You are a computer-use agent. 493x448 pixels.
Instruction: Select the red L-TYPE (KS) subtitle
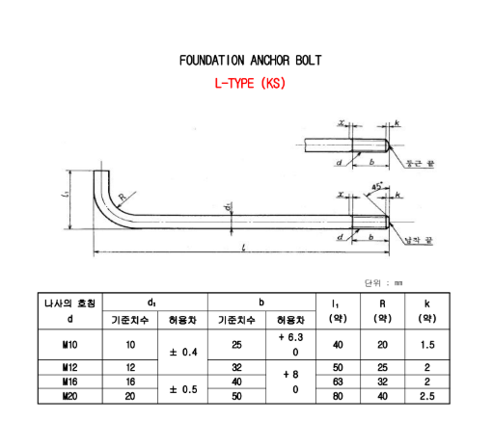250,84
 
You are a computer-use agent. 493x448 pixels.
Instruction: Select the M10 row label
69,344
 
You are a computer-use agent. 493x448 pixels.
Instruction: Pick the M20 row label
69,395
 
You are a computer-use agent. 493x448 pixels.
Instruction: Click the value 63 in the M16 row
338,382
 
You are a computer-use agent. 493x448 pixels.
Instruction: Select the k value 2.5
426,395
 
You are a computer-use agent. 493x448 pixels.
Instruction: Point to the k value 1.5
426,344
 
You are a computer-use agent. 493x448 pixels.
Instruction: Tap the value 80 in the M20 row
338,395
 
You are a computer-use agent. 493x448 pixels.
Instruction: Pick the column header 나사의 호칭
69,303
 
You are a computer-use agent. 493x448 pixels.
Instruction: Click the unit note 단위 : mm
383,283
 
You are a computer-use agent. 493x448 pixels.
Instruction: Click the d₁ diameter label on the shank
228,206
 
